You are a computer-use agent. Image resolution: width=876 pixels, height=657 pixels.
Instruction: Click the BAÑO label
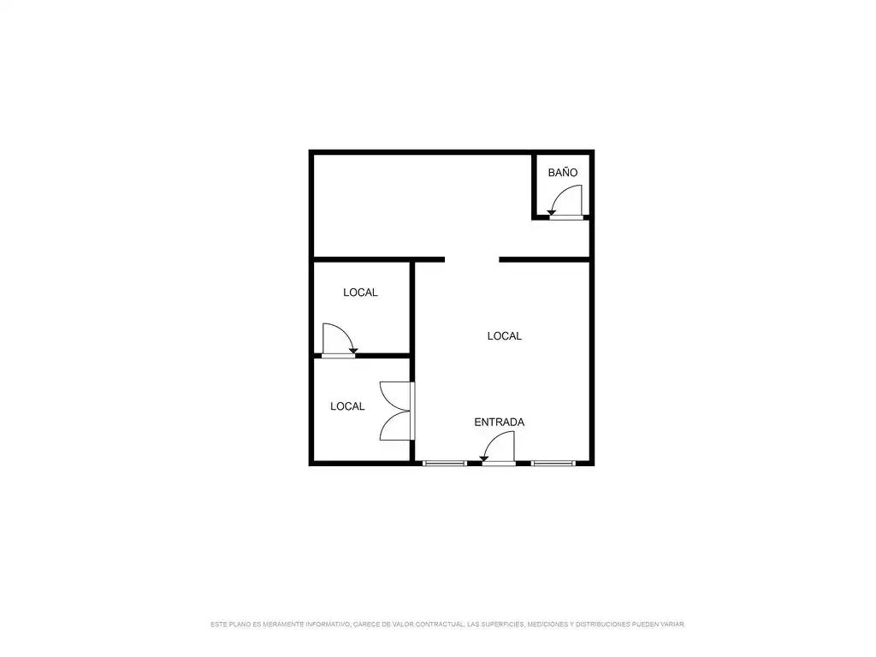[563, 173]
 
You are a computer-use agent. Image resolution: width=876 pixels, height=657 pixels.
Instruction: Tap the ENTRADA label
[499, 423]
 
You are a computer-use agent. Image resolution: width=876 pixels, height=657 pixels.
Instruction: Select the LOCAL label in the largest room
[504, 335]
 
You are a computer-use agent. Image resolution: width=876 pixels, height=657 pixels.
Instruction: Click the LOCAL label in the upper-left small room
[360, 293]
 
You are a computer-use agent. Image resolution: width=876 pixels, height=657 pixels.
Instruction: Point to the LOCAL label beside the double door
[347, 406]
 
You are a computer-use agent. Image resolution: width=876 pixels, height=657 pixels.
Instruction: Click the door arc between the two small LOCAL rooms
[346, 331]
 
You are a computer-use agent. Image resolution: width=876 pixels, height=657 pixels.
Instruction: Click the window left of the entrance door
[445, 463]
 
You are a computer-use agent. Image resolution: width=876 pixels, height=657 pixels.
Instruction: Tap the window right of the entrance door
[553, 463]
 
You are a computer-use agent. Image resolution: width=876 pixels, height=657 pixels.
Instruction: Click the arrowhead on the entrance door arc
[484, 459]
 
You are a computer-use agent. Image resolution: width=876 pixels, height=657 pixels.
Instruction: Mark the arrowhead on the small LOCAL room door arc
[353, 350]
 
